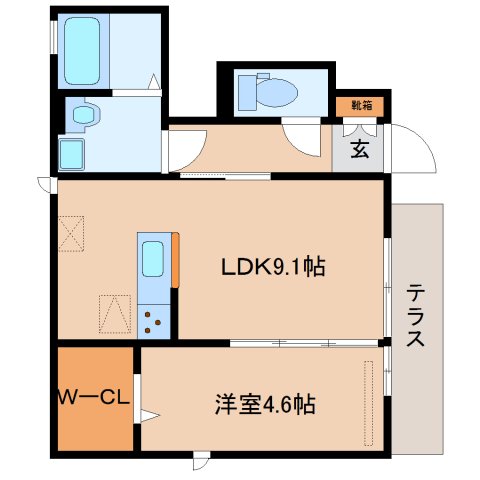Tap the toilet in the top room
[273, 91]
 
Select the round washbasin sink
[83, 116]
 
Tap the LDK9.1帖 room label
[271, 267]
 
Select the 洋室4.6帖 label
[265, 405]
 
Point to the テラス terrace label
[415, 315]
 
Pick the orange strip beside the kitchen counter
[176, 261]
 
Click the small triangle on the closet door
[147, 415]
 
